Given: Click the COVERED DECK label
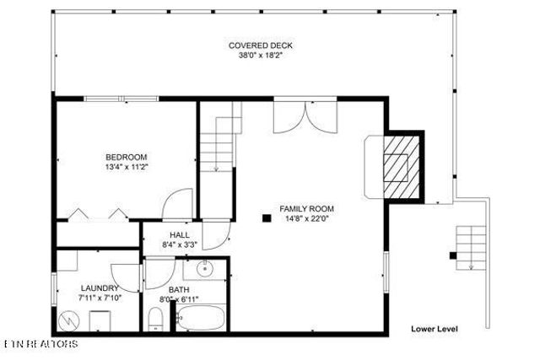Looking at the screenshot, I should pyautogui.click(x=261, y=46).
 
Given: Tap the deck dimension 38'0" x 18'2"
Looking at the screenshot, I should pyautogui.click(x=261, y=57).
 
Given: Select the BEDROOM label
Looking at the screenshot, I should pyautogui.click(x=127, y=157).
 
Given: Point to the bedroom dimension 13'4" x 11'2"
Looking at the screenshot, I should pyautogui.click(x=127, y=168).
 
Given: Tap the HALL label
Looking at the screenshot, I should pyautogui.click(x=180, y=235).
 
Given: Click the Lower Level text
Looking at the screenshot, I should pyautogui.click(x=434, y=329).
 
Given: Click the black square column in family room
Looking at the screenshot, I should pyautogui.click(x=266, y=218).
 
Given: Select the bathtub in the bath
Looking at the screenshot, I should pyautogui.click(x=201, y=319).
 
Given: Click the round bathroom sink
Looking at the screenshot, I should pyautogui.click(x=203, y=271).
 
